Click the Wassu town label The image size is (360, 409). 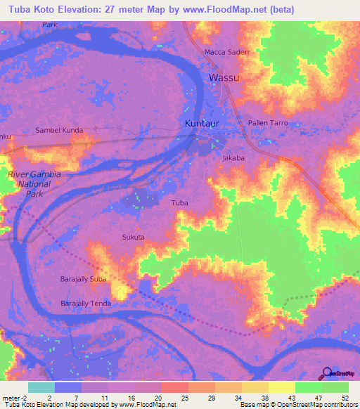tap(224, 77)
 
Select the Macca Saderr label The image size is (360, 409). tap(227, 53)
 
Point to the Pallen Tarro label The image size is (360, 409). tap(267, 123)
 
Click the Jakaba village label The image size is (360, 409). tap(233, 158)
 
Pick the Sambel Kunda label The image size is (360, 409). tap(59, 130)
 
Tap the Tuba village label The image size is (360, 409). tap(180, 202)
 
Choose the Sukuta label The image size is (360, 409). tap(133, 238)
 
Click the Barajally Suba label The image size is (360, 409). tap(83, 279)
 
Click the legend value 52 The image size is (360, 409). tap(345, 397)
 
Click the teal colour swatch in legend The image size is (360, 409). tap(41, 387)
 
